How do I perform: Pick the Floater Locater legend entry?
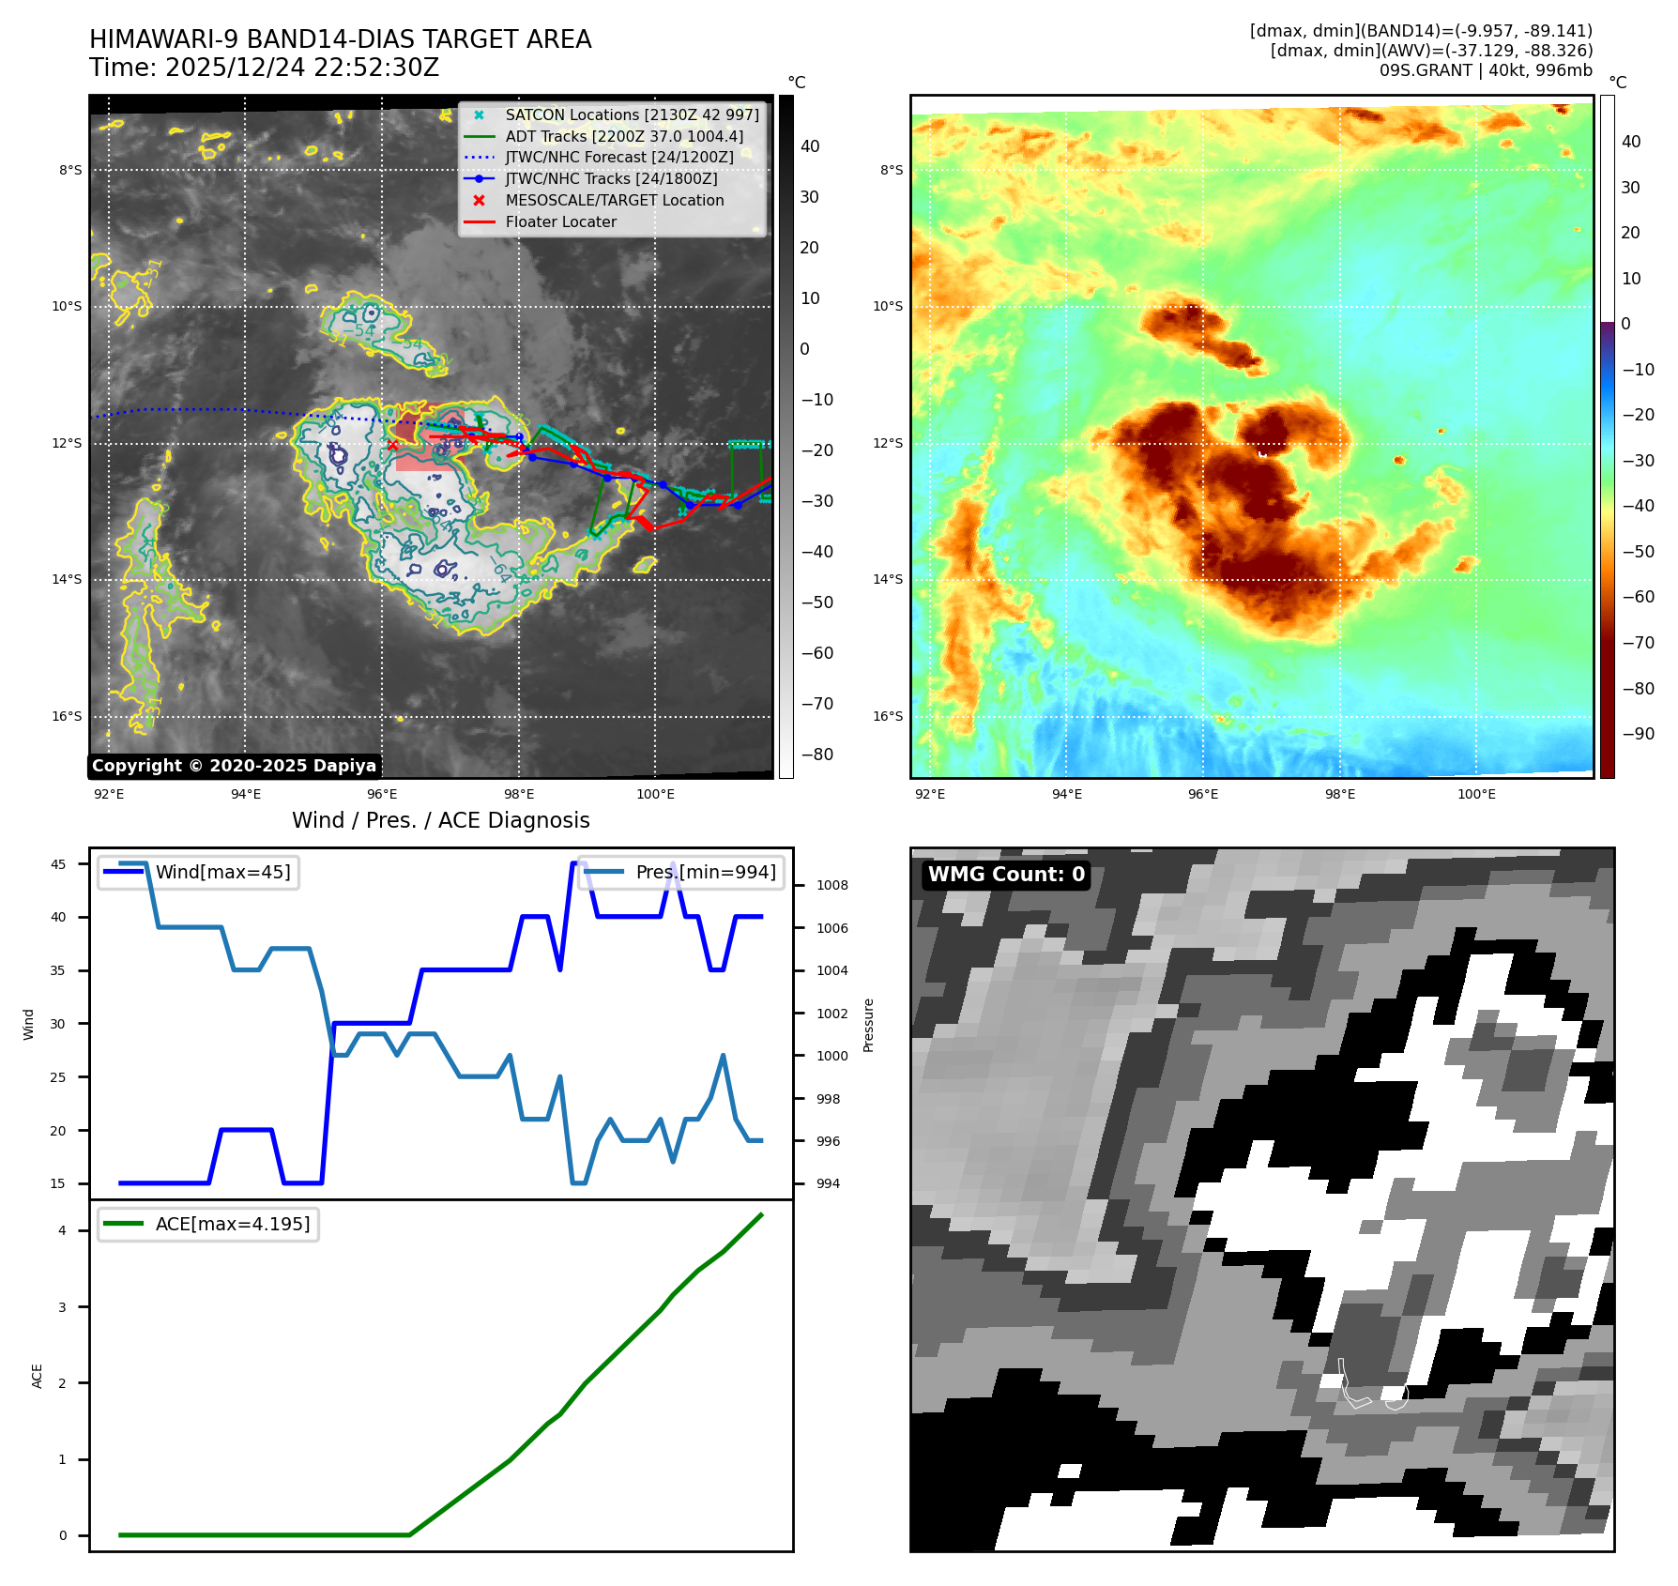pyautogui.click(x=560, y=222)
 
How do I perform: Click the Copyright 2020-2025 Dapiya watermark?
pyautogui.click(x=234, y=766)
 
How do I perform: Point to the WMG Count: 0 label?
pyautogui.click(x=1006, y=875)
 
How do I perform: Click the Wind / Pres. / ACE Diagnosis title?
pyautogui.click(x=440, y=820)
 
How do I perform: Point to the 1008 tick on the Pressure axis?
pyautogui.click(x=831, y=885)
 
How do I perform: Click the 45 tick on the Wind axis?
pyautogui.click(x=58, y=864)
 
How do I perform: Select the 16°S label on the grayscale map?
pyautogui.click(x=67, y=717)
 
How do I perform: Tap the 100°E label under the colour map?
pyautogui.click(x=1476, y=795)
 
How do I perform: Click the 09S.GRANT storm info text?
pyautogui.click(x=1485, y=70)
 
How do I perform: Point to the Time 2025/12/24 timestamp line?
pyautogui.click(x=264, y=68)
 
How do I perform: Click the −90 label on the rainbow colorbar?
pyautogui.click(x=1638, y=734)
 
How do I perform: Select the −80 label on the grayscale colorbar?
pyautogui.click(x=816, y=755)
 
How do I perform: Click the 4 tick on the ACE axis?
pyautogui.click(x=63, y=1230)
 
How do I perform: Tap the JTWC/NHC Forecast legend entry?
pyautogui.click(x=618, y=158)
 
